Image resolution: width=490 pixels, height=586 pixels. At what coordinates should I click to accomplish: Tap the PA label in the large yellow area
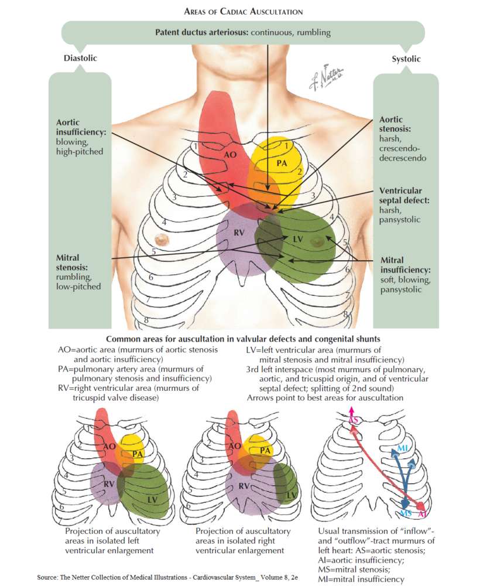click(281, 163)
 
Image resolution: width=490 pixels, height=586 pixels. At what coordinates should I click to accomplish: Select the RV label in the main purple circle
click(239, 233)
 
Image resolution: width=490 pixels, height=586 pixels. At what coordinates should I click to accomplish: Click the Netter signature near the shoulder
click(326, 78)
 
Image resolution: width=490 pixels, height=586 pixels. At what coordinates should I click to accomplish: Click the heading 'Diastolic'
click(80, 58)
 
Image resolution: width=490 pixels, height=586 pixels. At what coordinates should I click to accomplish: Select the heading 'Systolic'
click(406, 59)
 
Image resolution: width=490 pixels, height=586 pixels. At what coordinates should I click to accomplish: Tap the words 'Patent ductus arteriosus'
click(202, 32)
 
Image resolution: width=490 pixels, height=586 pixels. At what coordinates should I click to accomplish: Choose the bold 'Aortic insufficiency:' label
click(81, 128)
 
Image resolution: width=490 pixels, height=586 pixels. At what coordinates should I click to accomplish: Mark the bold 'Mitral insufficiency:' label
click(406, 265)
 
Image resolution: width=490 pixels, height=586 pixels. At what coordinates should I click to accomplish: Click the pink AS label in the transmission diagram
click(353, 421)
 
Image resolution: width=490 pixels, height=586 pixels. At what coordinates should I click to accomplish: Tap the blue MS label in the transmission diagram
click(406, 513)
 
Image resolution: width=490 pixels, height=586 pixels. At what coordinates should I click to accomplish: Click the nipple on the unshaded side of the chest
click(159, 239)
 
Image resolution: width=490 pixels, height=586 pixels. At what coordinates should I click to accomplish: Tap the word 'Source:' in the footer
click(46, 577)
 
